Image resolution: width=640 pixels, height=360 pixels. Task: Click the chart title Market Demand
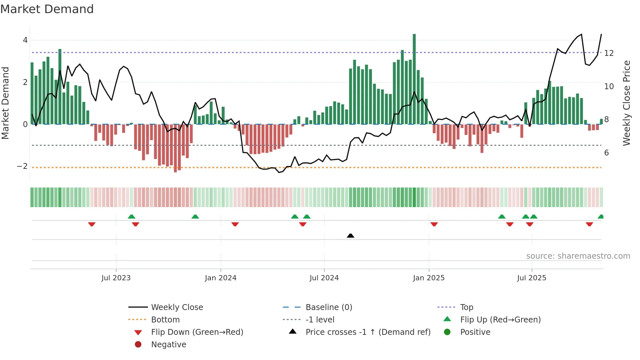click(x=47, y=9)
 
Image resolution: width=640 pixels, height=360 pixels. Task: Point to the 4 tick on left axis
click(x=25, y=40)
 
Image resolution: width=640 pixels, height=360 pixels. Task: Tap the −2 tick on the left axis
click(x=22, y=166)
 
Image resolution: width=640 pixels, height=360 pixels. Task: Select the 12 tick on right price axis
click(x=609, y=53)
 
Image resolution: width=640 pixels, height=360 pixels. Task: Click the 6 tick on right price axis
click(x=606, y=153)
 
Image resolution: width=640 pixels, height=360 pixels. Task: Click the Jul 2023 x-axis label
click(x=116, y=278)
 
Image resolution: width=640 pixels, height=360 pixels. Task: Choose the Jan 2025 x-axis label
click(x=428, y=278)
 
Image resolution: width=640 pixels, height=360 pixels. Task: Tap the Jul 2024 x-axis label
click(x=324, y=278)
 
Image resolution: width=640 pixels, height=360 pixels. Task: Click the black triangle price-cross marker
click(x=350, y=236)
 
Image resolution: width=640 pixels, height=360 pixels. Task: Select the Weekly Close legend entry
click(x=177, y=307)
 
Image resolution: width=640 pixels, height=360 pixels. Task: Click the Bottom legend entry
click(x=165, y=320)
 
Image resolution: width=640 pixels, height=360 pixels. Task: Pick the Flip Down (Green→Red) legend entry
click(x=197, y=332)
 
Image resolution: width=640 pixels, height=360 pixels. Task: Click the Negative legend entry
click(x=168, y=345)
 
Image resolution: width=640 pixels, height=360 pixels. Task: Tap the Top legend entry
click(x=466, y=307)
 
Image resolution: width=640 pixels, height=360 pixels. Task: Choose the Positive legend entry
click(x=475, y=332)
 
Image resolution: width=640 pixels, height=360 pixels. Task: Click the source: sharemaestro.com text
click(x=578, y=256)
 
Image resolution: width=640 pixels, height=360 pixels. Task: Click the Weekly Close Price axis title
click(x=626, y=103)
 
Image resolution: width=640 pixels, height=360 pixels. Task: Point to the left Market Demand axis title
click(x=5, y=103)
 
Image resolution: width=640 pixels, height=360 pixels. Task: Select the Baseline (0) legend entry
click(x=328, y=307)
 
